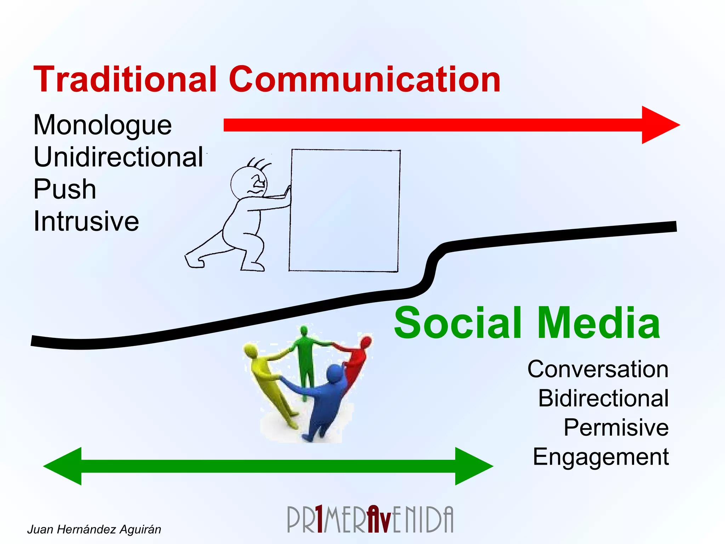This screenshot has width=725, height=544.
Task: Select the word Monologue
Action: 102,125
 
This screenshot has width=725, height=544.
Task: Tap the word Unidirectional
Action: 118,157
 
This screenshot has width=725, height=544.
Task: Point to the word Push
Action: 65,189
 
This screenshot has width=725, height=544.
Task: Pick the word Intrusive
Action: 86,221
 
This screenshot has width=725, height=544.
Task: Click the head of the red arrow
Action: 659,125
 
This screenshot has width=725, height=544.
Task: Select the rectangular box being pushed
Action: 344,211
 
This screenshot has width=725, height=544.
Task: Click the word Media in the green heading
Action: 598,323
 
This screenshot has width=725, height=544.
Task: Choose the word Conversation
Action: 598,369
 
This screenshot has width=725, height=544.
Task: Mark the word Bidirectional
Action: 603,398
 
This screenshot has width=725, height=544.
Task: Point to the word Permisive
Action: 616,427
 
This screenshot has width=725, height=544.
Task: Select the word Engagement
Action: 601,457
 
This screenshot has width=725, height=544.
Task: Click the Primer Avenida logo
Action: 370,520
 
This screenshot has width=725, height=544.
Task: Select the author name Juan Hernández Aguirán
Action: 94,529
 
